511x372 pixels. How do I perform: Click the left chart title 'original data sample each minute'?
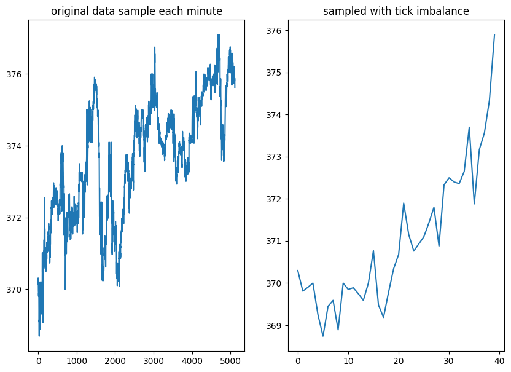(x=137, y=11)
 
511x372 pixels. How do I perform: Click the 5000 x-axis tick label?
(x=231, y=360)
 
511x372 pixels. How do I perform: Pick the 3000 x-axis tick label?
(x=154, y=360)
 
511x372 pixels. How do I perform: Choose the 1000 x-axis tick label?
(x=77, y=360)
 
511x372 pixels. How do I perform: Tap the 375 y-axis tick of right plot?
(x=276, y=73)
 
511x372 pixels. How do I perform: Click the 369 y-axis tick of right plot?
(x=276, y=325)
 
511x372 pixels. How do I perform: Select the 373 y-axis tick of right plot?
(x=276, y=157)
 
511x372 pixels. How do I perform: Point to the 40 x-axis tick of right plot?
(x=499, y=360)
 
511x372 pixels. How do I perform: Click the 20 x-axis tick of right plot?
(x=399, y=360)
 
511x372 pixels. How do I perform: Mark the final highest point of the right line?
(x=494, y=35)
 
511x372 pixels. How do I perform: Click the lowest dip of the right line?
(x=323, y=336)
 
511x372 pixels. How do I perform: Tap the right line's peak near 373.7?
(x=469, y=127)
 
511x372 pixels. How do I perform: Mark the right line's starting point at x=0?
(x=298, y=271)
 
